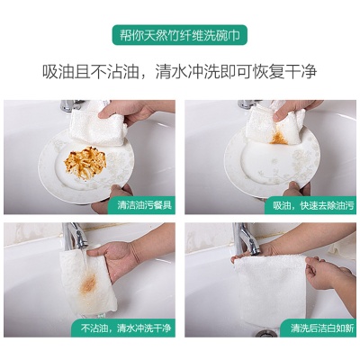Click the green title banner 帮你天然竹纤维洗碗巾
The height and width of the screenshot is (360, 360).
pos(180,35)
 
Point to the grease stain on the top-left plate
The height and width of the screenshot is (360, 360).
pos(85,163)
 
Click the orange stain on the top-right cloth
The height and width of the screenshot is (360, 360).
pos(279,138)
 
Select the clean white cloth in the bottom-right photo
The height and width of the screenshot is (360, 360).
pos(270,288)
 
